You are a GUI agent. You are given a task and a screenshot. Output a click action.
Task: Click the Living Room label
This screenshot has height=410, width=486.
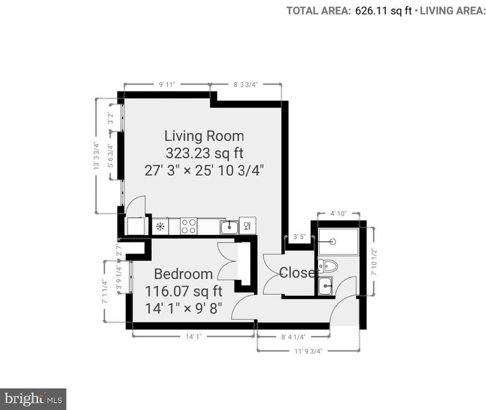point(203,135)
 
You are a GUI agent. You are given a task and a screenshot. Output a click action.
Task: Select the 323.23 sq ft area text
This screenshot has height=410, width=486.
point(203,153)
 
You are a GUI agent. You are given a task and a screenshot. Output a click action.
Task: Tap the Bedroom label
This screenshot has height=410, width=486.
point(183,274)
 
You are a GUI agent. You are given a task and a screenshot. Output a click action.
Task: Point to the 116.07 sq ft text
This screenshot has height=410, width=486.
point(183,290)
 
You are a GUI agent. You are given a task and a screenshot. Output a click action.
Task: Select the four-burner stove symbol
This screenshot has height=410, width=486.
point(189,226)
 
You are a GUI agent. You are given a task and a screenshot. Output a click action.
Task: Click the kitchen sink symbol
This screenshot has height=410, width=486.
point(230,226)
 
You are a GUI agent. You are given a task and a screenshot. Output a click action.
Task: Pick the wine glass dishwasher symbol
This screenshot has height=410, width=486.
point(247,226)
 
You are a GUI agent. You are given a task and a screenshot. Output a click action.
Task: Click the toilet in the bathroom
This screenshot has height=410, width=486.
point(328,266)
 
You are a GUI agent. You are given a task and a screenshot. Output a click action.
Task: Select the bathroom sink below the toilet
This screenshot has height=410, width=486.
point(325,286)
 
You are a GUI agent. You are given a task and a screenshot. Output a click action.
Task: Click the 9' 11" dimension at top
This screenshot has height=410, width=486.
point(167,83)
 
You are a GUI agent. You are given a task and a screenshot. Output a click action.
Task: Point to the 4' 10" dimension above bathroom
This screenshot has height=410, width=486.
point(338,214)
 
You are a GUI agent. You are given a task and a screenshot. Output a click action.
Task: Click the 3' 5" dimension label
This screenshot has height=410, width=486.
point(299,236)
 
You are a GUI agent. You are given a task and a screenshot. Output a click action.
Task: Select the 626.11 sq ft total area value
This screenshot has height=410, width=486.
point(382,11)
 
